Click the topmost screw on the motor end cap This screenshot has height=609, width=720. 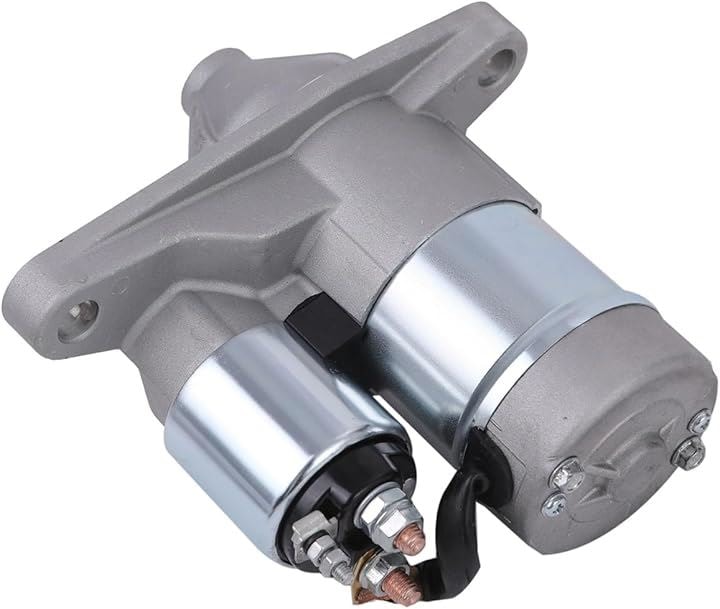point(697,420)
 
